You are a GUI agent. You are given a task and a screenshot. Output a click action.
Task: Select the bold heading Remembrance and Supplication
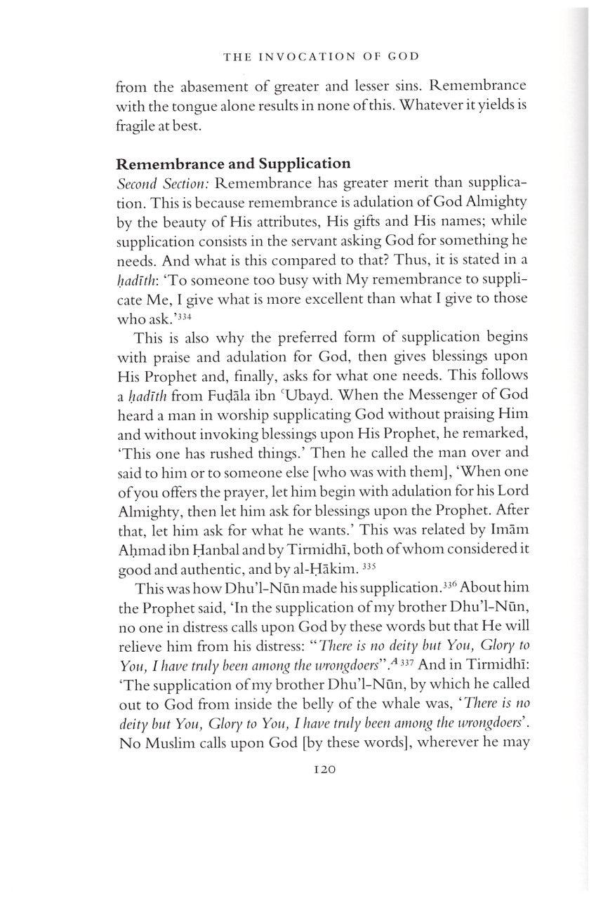pyautogui.click(x=233, y=164)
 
